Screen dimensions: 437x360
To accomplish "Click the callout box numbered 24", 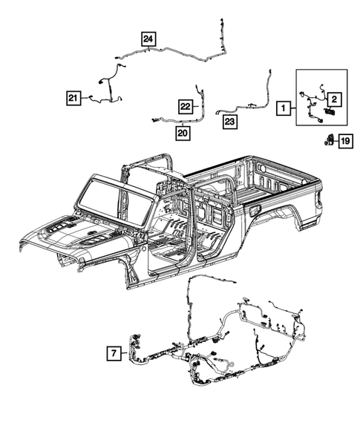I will (x=149, y=39).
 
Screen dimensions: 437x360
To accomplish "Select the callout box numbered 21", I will (x=73, y=98).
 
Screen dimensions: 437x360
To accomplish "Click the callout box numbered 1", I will (x=284, y=108).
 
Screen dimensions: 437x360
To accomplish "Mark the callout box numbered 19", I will (x=345, y=140).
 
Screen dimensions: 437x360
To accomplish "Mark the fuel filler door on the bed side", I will (x=255, y=210).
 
